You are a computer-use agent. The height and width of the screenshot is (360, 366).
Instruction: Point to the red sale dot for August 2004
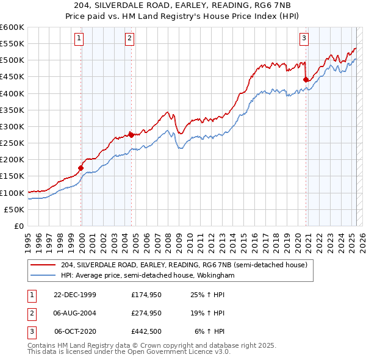pos(131,135)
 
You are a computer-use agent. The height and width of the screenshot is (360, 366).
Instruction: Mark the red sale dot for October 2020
pos(306,79)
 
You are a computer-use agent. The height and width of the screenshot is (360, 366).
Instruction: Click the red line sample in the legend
pos(43,264)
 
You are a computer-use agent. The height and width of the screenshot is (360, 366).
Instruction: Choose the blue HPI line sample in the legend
pos(43,275)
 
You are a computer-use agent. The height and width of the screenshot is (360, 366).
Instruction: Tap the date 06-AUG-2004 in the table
pos(75,313)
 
